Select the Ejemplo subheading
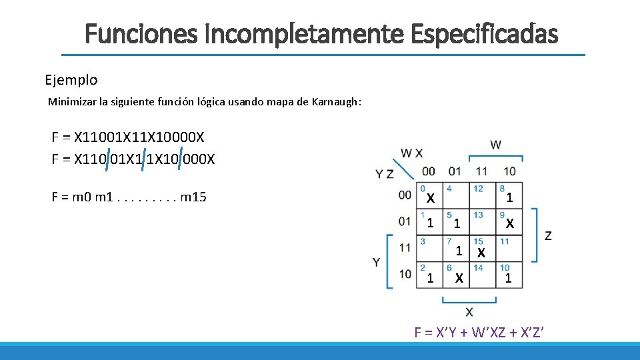71,80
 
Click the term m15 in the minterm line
193,197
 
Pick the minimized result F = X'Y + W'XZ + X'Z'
480,332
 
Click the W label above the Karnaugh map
495,145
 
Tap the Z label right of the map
548,235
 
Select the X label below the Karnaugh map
469,312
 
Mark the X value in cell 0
431,199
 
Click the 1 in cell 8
509,198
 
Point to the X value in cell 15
482,253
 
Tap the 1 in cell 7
459,251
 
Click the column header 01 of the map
455,171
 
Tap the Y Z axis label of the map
384,174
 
